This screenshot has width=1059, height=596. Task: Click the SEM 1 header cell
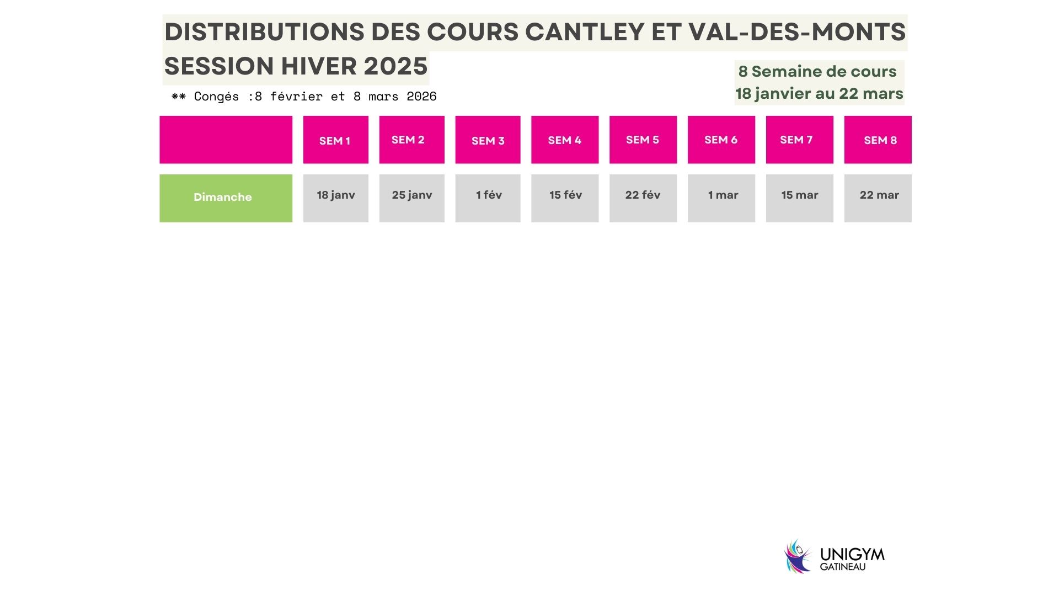click(x=335, y=140)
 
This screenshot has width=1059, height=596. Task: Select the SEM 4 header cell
click(x=565, y=140)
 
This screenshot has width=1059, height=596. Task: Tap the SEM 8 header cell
click(x=878, y=140)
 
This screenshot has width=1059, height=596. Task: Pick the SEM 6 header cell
click(x=721, y=140)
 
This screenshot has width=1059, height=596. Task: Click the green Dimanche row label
click(x=226, y=198)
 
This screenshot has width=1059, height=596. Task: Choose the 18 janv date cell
click(x=335, y=198)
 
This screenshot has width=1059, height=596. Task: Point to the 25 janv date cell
click(x=411, y=198)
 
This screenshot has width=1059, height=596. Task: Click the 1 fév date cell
click(x=488, y=198)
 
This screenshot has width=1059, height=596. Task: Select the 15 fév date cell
click(x=565, y=198)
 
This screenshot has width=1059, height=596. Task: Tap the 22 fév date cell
click(x=643, y=198)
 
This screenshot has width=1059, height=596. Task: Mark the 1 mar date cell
click(x=721, y=198)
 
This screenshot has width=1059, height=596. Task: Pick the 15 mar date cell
click(x=799, y=198)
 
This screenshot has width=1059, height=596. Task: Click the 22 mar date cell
click(x=878, y=198)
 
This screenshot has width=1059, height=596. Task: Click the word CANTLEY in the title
click(x=585, y=32)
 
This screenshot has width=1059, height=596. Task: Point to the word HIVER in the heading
click(x=318, y=66)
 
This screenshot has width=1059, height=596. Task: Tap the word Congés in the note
click(x=216, y=97)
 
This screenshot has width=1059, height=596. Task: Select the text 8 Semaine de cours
click(x=817, y=72)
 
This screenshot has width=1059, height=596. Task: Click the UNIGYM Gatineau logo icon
click(x=798, y=556)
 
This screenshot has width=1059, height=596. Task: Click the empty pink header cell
click(x=226, y=140)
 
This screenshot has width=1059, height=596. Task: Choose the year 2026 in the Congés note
click(x=421, y=97)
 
